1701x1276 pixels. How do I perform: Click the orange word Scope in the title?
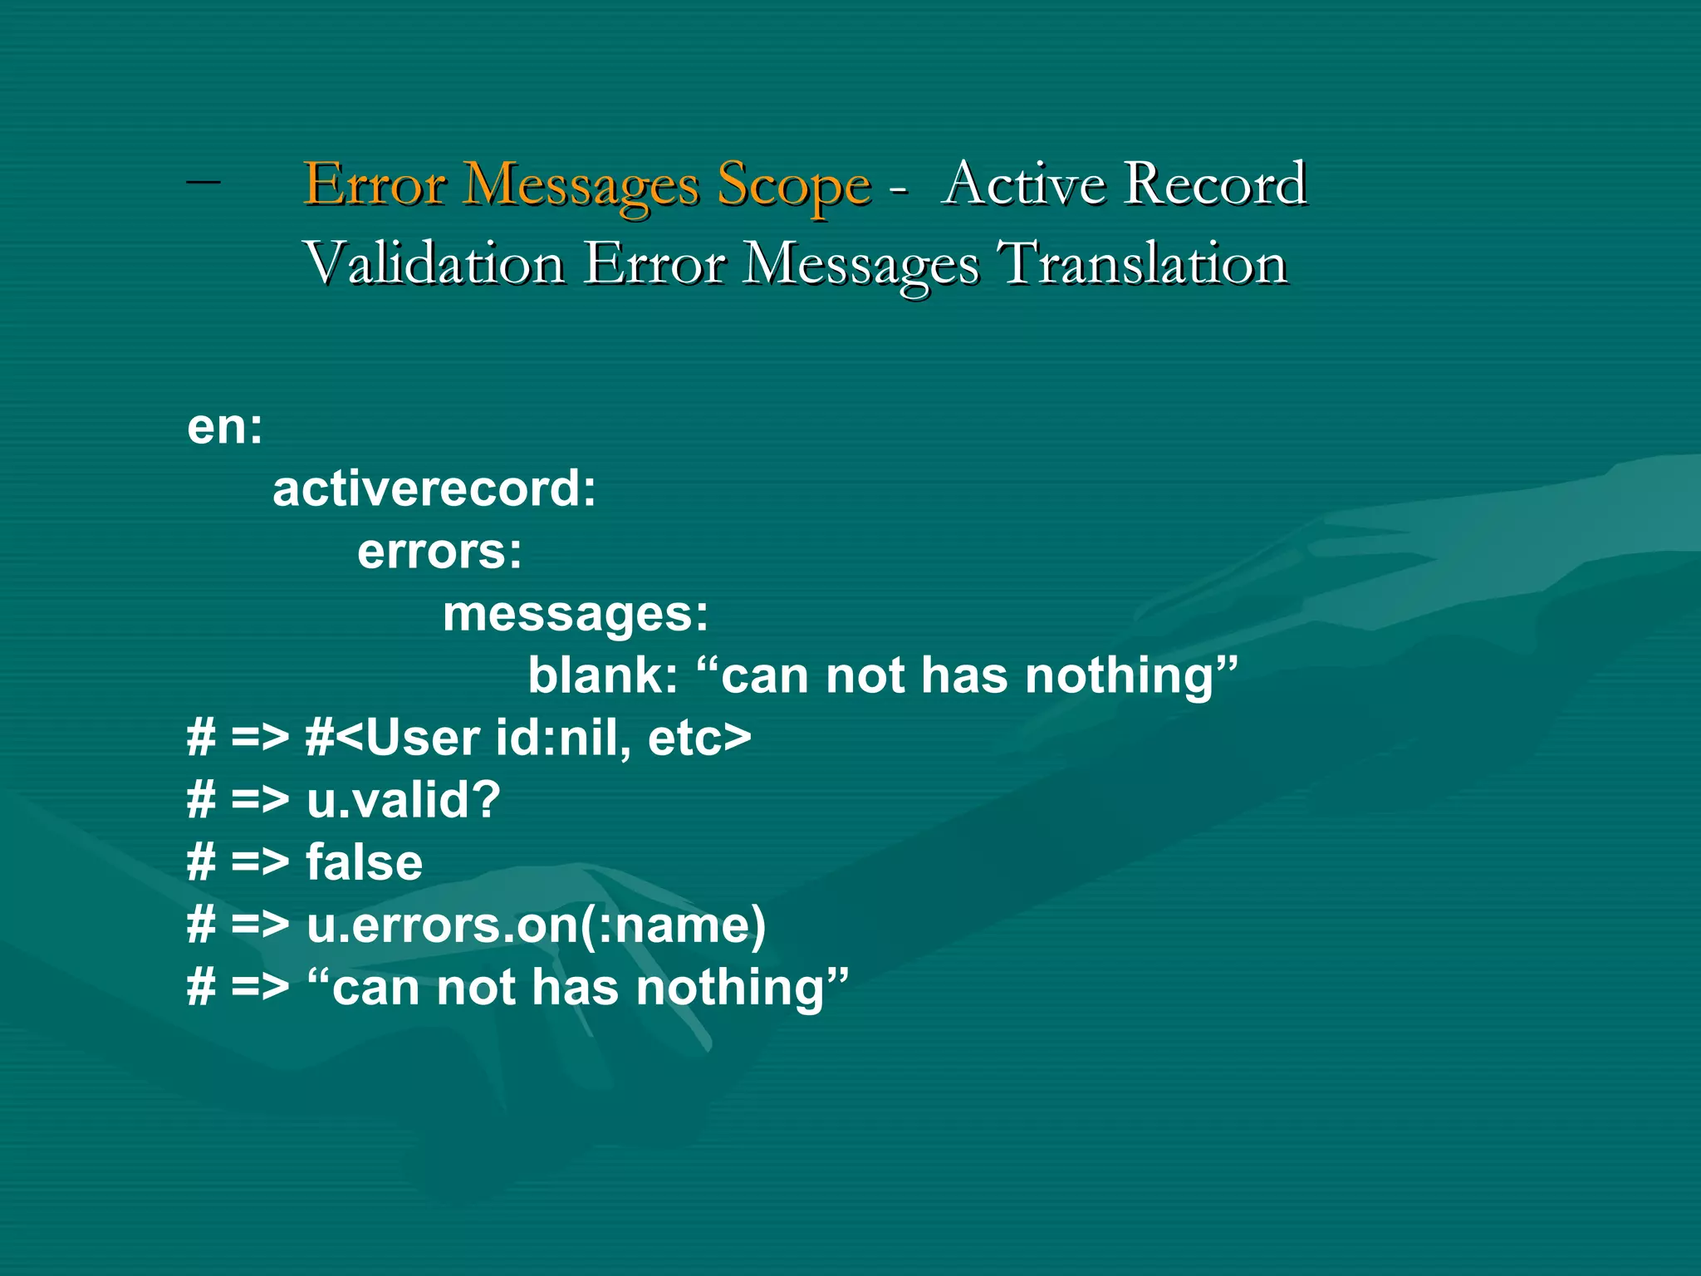tap(793, 184)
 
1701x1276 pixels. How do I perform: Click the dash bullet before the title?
tap(203, 178)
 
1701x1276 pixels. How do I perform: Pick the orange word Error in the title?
tap(375, 184)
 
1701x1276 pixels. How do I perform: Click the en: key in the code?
tap(225, 427)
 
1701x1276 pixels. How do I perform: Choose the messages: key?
tap(576, 615)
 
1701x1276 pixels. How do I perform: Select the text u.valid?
tap(404, 800)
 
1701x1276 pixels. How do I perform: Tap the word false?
tap(365, 862)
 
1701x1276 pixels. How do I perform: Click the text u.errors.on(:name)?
tap(536, 925)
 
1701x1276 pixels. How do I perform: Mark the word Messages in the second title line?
tap(861, 265)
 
